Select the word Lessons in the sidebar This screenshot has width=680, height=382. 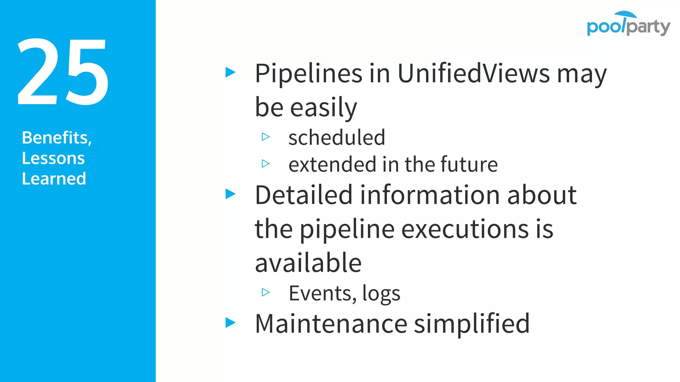(x=53, y=158)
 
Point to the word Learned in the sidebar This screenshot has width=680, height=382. (x=54, y=179)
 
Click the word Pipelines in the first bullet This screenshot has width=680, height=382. (x=308, y=73)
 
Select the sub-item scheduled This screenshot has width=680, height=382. (x=337, y=137)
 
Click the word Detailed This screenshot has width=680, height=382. (x=303, y=195)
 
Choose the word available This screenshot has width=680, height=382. (x=308, y=263)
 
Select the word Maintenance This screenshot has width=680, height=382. (x=331, y=324)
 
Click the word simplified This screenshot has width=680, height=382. (x=472, y=324)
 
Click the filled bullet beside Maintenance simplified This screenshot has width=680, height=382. (x=230, y=322)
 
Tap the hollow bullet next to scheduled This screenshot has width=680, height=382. (x=266, y=137)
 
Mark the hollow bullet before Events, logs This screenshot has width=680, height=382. (x=266, y=292)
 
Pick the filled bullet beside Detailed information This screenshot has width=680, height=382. (x=230, y=194)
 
